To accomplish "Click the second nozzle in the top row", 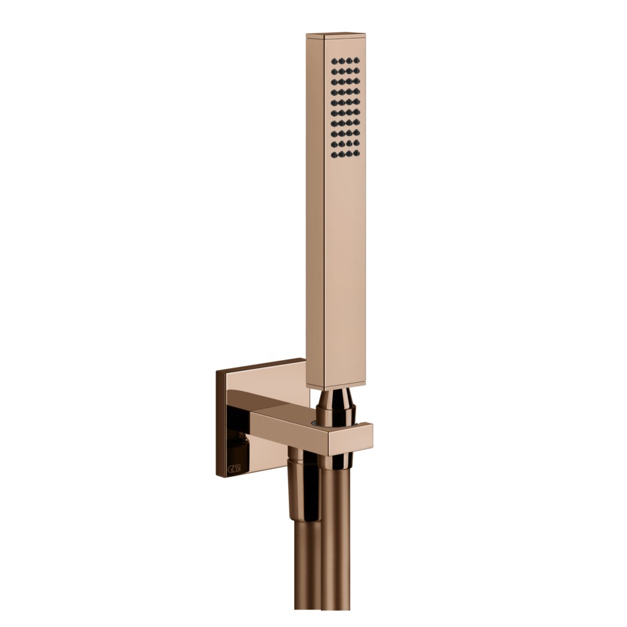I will pos(340,59).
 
